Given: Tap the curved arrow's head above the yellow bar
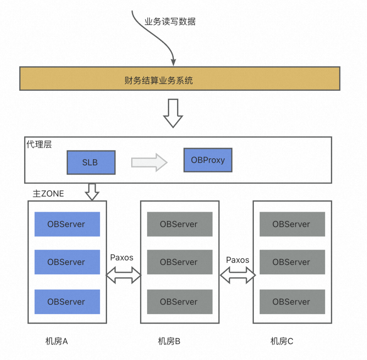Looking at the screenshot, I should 173,62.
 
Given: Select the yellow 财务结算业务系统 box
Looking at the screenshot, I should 179,78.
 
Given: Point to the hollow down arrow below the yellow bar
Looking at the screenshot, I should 173,113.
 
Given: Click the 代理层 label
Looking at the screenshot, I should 39,144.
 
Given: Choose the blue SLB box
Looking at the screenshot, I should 91,163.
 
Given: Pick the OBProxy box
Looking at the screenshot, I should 208,160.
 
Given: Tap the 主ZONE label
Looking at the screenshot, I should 48,194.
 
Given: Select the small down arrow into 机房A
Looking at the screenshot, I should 92,192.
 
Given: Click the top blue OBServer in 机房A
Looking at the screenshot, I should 67,224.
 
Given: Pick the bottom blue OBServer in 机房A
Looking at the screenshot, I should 67,302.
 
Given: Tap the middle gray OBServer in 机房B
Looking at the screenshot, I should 179,262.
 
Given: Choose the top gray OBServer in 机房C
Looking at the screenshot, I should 292,224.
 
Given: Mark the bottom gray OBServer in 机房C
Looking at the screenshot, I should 292,302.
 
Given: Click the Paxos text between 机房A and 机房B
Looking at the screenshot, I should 122,257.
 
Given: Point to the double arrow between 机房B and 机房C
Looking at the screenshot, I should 237,275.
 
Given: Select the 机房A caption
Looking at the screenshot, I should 57,341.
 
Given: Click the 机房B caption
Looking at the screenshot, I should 169,341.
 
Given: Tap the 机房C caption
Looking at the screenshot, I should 282,341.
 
